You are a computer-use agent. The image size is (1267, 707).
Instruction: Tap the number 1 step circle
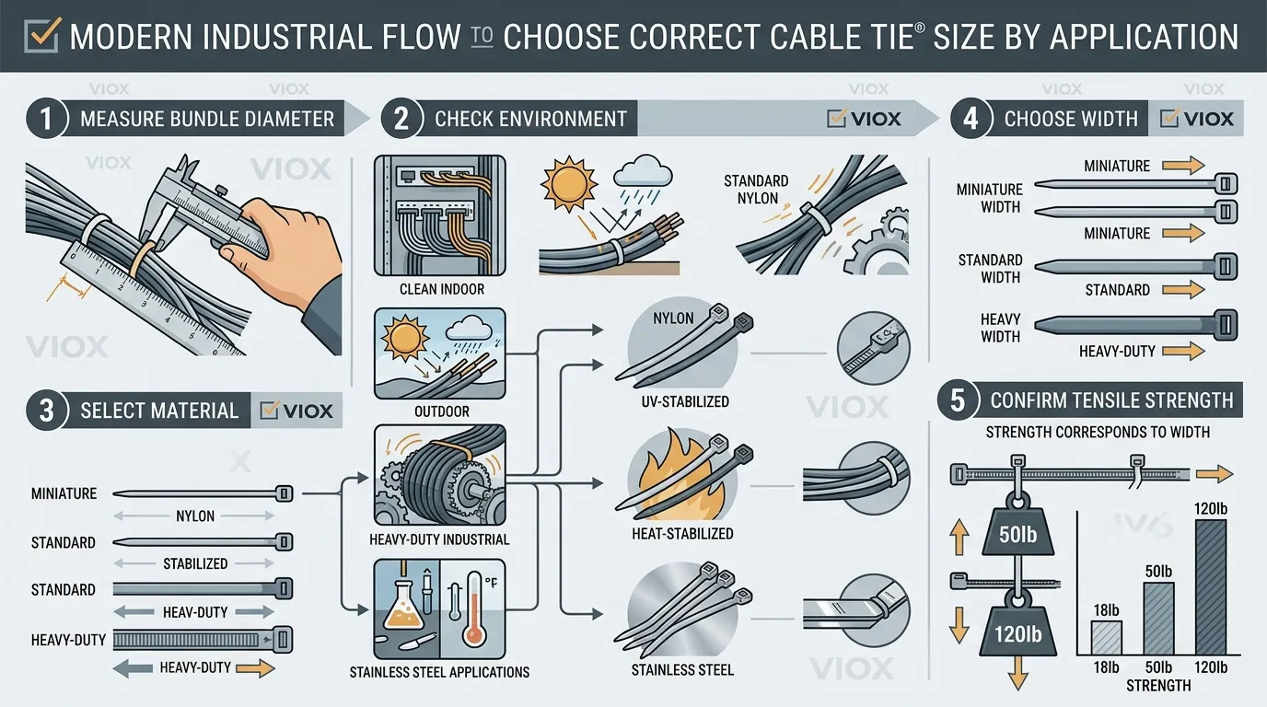(43, 119)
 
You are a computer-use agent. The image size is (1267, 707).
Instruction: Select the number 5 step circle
(957, 400)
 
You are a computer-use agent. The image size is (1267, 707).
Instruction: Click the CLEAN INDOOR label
(442, 289)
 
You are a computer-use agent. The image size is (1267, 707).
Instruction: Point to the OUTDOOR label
(442, 411)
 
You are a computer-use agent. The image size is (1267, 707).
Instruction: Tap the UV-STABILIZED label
(683, 401)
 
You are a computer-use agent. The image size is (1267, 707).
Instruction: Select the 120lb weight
(1017, 634)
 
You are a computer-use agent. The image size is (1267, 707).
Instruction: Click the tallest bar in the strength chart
(1210, 586)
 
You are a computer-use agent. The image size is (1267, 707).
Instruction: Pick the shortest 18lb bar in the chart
(1106, 637)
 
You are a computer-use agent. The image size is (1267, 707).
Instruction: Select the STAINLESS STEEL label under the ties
(683, 669)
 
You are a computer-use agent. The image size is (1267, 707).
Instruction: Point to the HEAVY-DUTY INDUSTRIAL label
(439, 539)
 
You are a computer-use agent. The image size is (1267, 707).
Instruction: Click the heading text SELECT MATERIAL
(159, 411)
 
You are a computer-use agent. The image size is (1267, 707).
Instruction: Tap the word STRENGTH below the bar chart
(1158, 686)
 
